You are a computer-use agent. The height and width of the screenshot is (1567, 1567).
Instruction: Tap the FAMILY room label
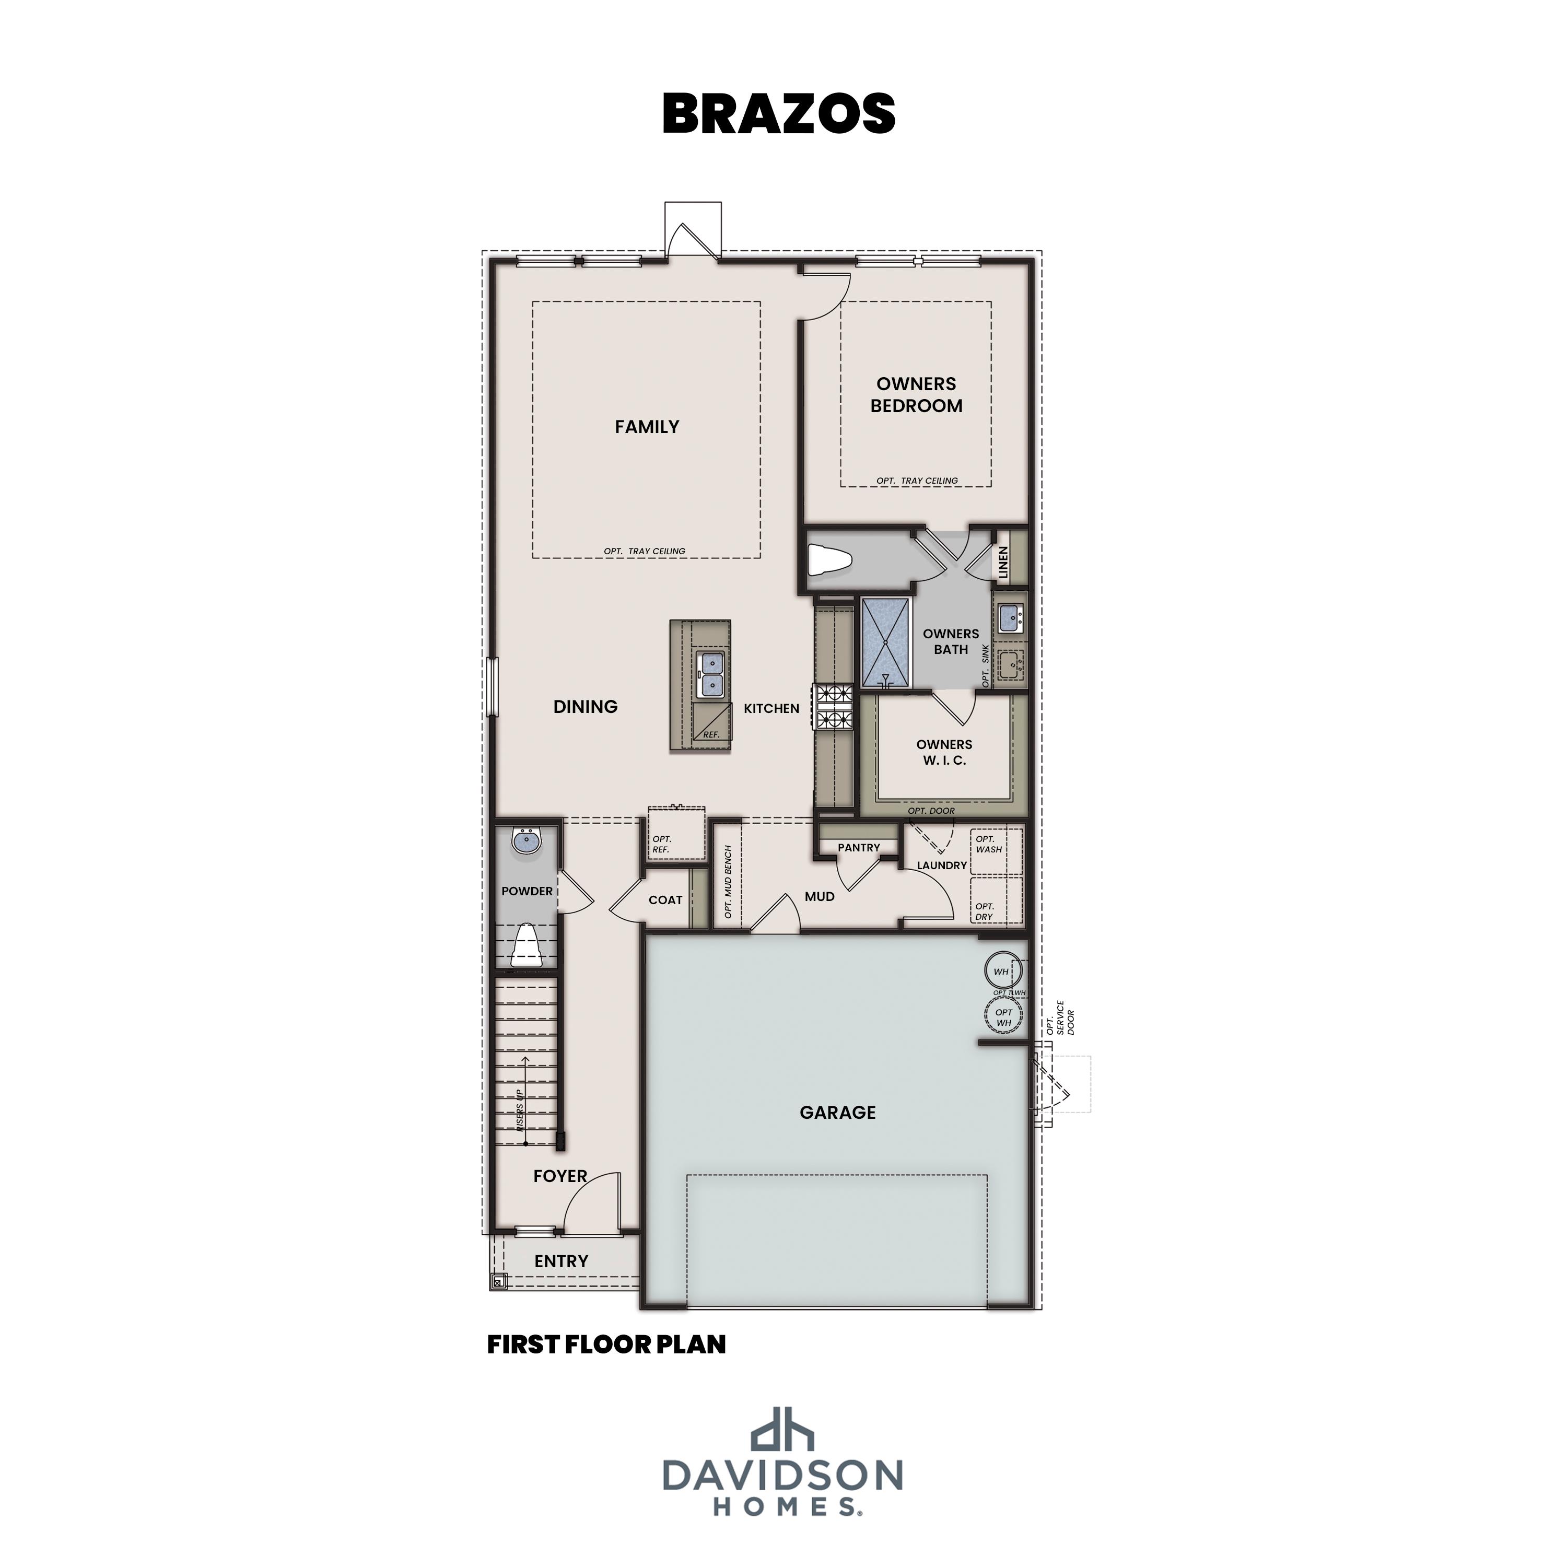pyautogui.click(x=647, y=427)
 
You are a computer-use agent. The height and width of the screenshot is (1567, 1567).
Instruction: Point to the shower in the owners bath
pyautogui.click(x=886, y=643)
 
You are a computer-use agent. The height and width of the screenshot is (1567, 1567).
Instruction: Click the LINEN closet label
pyautogui.click(x=1003, y=562)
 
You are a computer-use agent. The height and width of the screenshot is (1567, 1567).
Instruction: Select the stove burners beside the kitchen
pyautogui.click(x=835, y=706)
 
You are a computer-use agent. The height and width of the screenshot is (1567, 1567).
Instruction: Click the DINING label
pyautogui.click(x=585, y=706)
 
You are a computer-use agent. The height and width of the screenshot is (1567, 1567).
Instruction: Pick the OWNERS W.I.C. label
pyautogui.click(x=943, y=752)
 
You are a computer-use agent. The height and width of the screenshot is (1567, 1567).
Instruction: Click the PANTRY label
pyautogui.click(x=858, y=848)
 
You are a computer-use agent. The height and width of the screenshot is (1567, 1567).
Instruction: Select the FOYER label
pyautogui.click(x=559, y=1176)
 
